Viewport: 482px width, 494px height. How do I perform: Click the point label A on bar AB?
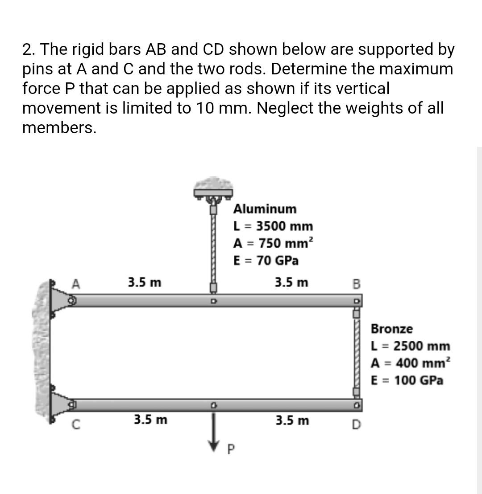pyautogui.click(x=76, y=283)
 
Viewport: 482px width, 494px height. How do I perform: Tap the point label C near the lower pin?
pyautogui.click(x=76, y=425)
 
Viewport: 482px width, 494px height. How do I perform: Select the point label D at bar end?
pyautogui.click(x=356, y=425)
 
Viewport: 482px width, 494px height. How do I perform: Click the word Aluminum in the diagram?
pyautogui.click(x=265, y=209)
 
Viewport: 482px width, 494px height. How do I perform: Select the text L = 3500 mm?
pyautogui.click(x=273, y=226)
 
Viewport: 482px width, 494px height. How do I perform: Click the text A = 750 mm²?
pyautogui.click(x=274, y=243)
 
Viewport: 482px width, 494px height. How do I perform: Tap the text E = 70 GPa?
pyautogui.click(x=266, y=260)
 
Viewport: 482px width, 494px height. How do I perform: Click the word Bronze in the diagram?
pyautogui.click(x=392, y=329)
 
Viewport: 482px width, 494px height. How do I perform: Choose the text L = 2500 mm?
pyautogui.click(x=411, y=346)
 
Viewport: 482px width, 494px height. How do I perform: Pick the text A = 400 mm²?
pyautogui.click(x=411, y=363)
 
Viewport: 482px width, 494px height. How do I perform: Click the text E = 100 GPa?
pyautogui.click(x=407, y=380)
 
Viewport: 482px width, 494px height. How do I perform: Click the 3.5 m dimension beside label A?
pyautogui.click(x=145, y=282)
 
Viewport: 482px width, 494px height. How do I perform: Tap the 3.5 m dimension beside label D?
pyautogui.click(x=292, y=420)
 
